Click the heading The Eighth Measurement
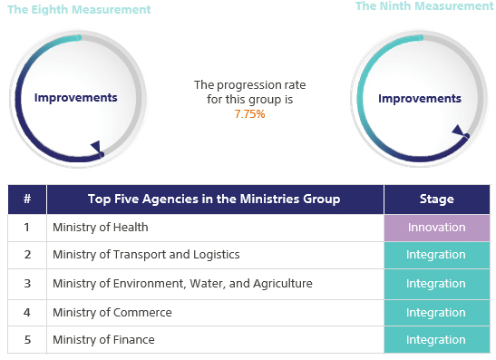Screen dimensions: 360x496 79,10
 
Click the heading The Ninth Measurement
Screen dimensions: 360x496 423,6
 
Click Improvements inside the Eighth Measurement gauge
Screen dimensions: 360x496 75,98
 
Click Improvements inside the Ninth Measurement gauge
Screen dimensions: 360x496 419,98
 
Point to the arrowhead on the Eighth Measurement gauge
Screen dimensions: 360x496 95,147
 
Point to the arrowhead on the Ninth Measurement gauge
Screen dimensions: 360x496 459,131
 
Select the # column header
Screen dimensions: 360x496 27,199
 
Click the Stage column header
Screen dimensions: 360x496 436,199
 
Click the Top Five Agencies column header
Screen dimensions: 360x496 214,199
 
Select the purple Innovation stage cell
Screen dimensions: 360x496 436,228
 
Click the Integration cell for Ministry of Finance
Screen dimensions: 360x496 436,340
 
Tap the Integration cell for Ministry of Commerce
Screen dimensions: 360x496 436,313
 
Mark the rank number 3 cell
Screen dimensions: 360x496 27,284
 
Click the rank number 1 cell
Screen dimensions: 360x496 27,228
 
